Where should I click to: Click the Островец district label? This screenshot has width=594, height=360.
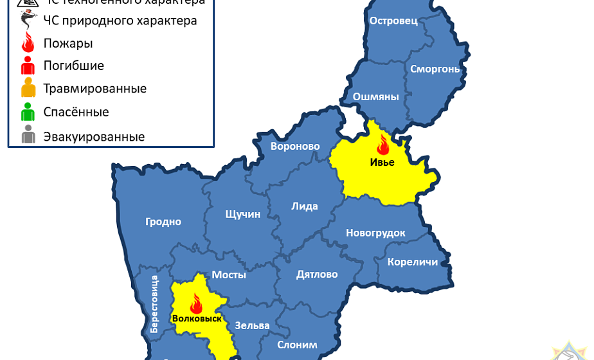coord(393,21)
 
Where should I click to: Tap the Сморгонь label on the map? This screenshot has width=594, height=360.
coord(435,69)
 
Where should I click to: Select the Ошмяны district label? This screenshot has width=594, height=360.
coord(376,97)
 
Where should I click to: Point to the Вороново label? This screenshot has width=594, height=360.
coord(295,147)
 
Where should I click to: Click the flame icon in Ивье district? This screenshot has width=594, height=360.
coord(383,145)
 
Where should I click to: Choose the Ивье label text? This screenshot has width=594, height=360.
coord(382,162)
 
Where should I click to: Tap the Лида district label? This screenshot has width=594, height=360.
coord(305,206)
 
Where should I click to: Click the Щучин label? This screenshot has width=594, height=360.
coord(243,214)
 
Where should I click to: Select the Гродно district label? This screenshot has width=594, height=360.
coord(163,222)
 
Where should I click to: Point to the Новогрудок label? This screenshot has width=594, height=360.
coord(375,233)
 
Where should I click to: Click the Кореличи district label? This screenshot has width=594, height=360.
coord(413,262)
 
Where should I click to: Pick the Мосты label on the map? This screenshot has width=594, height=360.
coord(229,274)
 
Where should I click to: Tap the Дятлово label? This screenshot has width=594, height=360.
coord(317,274)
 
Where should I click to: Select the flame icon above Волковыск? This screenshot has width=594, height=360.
coord(196,303)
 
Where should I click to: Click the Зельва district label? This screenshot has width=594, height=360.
coord(252,325)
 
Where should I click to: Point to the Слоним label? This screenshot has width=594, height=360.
coord(297,345)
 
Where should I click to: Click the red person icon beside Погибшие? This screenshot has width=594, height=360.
coord(28,66)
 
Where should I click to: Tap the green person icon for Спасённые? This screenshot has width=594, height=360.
coord(28,113)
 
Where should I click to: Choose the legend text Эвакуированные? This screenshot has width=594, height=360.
coord(94,137)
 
